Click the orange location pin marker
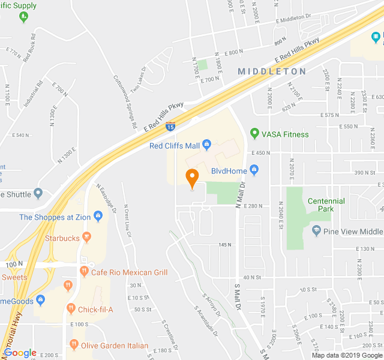tap(192, 178)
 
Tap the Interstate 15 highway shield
tap(171, 127)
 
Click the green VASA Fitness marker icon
tap(254, 134)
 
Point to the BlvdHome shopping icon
tap(254, 171)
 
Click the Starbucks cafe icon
tap(87, 238)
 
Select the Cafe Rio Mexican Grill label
tap(129, 272)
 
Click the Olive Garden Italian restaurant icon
tap(74, 345)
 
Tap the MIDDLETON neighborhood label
tap(272, 71)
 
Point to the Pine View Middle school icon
tap(316, 231)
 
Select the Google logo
tap(20, 353)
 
